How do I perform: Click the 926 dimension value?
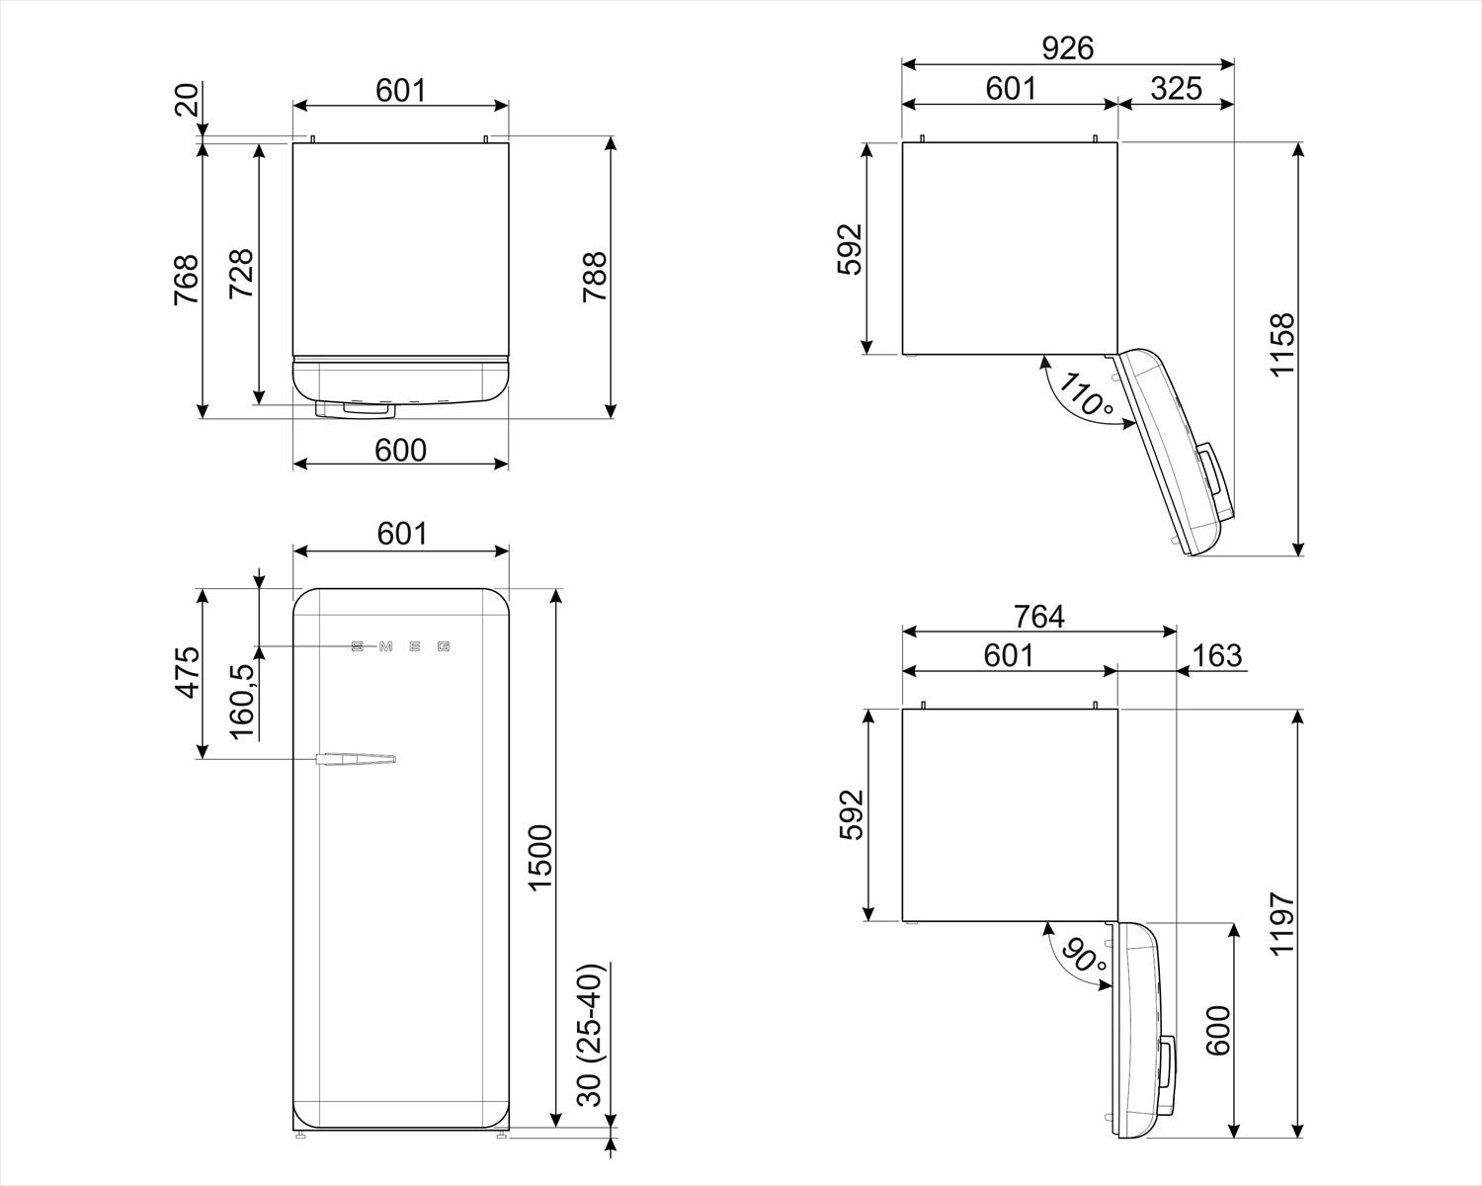(1067, 48)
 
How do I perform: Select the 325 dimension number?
(1176, 89)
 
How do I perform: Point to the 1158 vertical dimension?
(1281, 345)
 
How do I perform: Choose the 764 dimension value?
(1039, 617)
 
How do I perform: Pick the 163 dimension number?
(1217, 654)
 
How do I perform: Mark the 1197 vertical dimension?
(1281, 923)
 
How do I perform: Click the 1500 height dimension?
(539, 857)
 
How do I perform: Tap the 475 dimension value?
(187, 672)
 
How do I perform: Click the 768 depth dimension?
(187, 280)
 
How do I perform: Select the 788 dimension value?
(594, 279)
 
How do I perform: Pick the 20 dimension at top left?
(187, 100)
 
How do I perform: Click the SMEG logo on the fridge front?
(400, 647)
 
